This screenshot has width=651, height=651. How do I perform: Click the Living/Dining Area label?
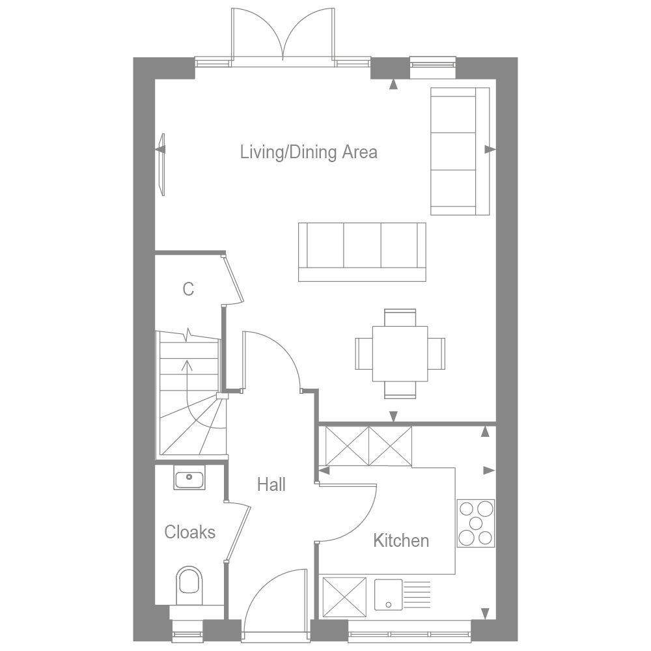(x=309, y=152)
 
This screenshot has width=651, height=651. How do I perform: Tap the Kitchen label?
(x=401, y=540)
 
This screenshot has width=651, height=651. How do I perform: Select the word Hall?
(x=271, y=484)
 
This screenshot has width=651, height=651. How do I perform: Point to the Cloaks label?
(x=189, y=532)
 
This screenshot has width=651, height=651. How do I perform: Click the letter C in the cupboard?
(x=188, y=289)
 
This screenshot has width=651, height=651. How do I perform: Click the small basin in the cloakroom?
(x=189, y=479)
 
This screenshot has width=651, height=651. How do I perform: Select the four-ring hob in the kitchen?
(x=475, y=523)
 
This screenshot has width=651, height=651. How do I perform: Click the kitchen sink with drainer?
(x=402, y=594)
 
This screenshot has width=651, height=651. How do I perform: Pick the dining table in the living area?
(x=400, y=353)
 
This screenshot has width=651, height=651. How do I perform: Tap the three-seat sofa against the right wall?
(x=460, y=151)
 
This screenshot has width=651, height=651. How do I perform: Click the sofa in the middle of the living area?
(x=362, y=251)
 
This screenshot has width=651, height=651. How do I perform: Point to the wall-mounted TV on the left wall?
(x=162, y=164)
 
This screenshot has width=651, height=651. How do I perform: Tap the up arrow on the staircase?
(x=188, y=371)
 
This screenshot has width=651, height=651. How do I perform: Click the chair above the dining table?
(x=400, y=318)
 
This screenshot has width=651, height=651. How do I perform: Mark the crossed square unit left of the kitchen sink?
(x=343, y=594)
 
